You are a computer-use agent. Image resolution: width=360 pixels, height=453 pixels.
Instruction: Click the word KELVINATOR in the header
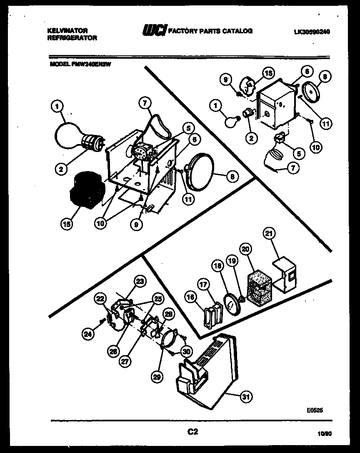[67, 31]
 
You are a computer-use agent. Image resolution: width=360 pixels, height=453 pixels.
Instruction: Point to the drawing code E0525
[315, 410]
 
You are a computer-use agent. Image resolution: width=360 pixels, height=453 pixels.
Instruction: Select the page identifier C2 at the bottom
[192, 432]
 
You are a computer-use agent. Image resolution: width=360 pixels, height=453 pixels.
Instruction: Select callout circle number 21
[268, 234]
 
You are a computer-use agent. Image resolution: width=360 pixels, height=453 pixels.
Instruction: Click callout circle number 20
[246, 249]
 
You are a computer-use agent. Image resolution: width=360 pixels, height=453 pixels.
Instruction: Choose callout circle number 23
[140, 281]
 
